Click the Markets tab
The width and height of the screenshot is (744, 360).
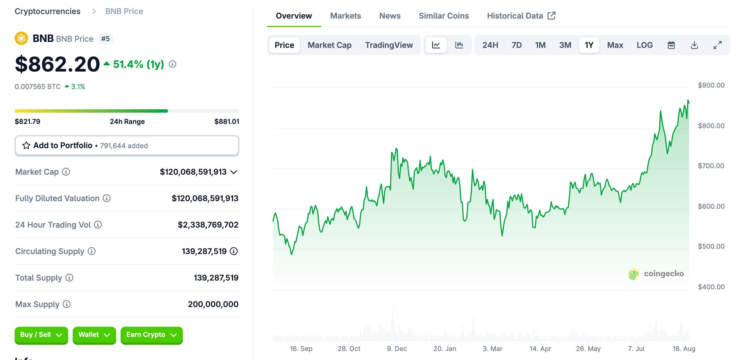click(x=346, y=16)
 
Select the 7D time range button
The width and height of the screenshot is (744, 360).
click(x=516, y=45)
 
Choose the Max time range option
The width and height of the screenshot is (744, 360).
click(x=615, y=45)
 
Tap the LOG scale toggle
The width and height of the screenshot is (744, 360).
click(x=644, y=45)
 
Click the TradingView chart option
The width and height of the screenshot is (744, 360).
click(x=389, y=45)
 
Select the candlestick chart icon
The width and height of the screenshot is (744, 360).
click(x=459, y=45)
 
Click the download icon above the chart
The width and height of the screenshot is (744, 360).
click(x=694, y=45)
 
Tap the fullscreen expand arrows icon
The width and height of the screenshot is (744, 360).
click(x=718, y=45)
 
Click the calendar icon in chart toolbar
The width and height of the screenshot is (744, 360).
click(x=671, y=45)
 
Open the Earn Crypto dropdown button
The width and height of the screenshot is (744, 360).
click(x=151, y=335)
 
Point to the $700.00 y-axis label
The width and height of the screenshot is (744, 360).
click(x=711, y=166)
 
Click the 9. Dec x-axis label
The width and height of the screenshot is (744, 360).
click(x=397, y=349)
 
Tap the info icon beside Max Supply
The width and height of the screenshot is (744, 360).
click(x=67, y=304)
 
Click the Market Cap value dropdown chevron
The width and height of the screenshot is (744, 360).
click(x=234, y=172)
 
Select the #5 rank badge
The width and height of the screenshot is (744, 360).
click(x=105, y=39)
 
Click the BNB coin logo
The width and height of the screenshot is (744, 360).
click(x=21, y=38)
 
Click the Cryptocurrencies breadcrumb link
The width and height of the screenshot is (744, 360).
click(x=48, y=11)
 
